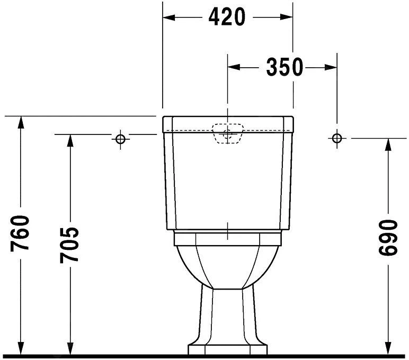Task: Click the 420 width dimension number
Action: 227,17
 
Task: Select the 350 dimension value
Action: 284,67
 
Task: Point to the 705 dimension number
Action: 69,245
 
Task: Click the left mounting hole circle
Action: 120,139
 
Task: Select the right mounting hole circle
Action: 336,138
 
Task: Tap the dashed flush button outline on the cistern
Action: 227,134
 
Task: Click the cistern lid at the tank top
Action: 228,123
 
